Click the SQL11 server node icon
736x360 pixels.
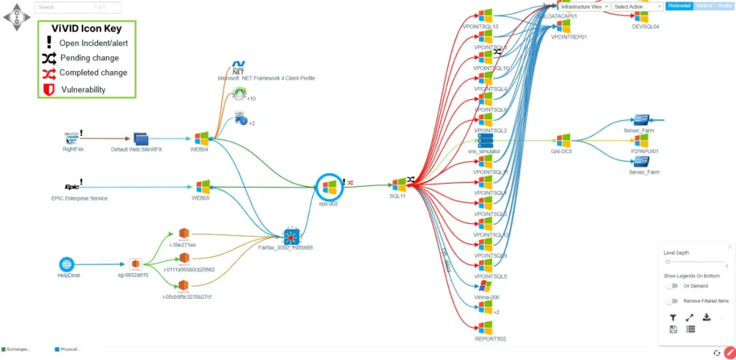[x=399, y=185]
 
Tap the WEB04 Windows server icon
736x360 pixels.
[x=201, y=138]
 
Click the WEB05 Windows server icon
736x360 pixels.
[x=201, y=187]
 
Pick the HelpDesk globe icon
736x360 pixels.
[x=67, y=264]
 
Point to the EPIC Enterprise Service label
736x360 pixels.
[x=79, y=198]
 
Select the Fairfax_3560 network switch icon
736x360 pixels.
[x=290, y=235]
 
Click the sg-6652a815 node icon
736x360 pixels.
[x=134, y=264]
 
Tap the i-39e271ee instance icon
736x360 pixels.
[x=183, y=234]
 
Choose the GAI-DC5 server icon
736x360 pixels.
[x=562, y=139]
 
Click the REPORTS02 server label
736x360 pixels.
[x=490, y=338]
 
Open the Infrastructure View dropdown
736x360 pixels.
[x=584, y=6]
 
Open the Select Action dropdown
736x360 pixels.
[x=637, y=6]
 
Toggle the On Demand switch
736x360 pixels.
[x=672, y=286]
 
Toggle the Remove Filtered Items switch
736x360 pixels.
[x=672, y=301]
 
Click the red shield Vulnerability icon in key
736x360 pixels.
[x=49, y=89]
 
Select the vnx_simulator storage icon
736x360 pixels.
[x=484, y=139]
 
